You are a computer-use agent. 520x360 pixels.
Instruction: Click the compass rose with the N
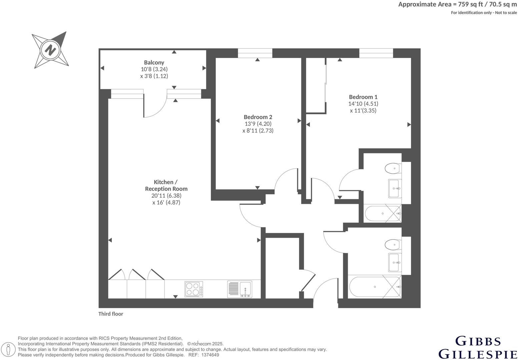[x=51, y=50]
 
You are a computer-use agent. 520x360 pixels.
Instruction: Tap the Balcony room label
[x=154, y=62]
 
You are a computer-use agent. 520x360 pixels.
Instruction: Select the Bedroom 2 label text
[x=258, y=117]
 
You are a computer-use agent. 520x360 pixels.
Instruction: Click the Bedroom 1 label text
[x=363, y=97]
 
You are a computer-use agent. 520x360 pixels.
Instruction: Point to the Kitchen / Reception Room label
[x=166, y=185]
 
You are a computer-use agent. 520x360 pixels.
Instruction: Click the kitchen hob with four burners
[x=194, y=289]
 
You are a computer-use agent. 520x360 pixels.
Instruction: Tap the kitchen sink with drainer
[x=240, y=289]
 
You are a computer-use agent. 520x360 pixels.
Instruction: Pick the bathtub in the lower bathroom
[x=375, y=287]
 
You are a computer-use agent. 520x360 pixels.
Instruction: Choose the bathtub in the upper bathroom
[x=382, y=214]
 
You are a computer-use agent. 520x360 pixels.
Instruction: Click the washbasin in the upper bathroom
[x=395, y=188]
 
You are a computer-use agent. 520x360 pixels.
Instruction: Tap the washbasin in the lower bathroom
[x=395, y=263]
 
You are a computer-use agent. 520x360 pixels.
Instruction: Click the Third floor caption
[x=111, y=314]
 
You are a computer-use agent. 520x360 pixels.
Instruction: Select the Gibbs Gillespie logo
[x=478, y=347]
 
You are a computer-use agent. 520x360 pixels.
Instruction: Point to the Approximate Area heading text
[x=457, y=4]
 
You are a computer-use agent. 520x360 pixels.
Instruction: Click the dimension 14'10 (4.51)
[x=363, y=104]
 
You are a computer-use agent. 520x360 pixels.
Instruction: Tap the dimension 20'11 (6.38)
[x=166, y=196]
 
